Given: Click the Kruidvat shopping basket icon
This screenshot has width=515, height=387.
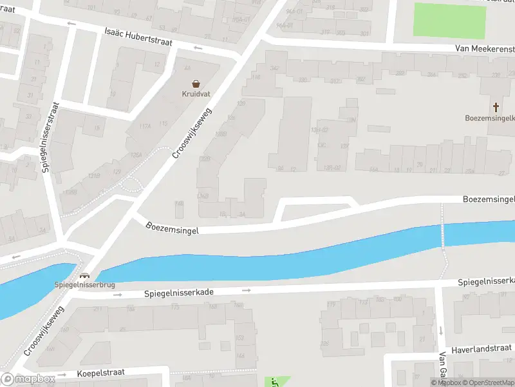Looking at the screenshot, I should point(196,83).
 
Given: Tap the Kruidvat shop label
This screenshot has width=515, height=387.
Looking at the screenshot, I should point(196,95).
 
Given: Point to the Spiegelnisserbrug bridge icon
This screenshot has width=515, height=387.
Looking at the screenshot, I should point(84,275).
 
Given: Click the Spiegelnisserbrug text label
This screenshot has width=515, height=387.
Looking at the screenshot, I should point(84,284).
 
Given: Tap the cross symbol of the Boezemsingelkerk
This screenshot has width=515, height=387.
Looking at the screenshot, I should point(496,107).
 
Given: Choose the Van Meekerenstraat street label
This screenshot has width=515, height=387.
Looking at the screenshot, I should point(484,48).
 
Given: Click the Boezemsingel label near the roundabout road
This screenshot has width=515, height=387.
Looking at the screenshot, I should point(172,228).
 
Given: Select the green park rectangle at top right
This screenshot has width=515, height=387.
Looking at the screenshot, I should point(449,20).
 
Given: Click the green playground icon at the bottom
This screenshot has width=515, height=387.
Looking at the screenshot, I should point(276,382).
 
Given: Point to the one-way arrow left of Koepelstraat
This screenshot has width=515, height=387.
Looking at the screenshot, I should point(62,374).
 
